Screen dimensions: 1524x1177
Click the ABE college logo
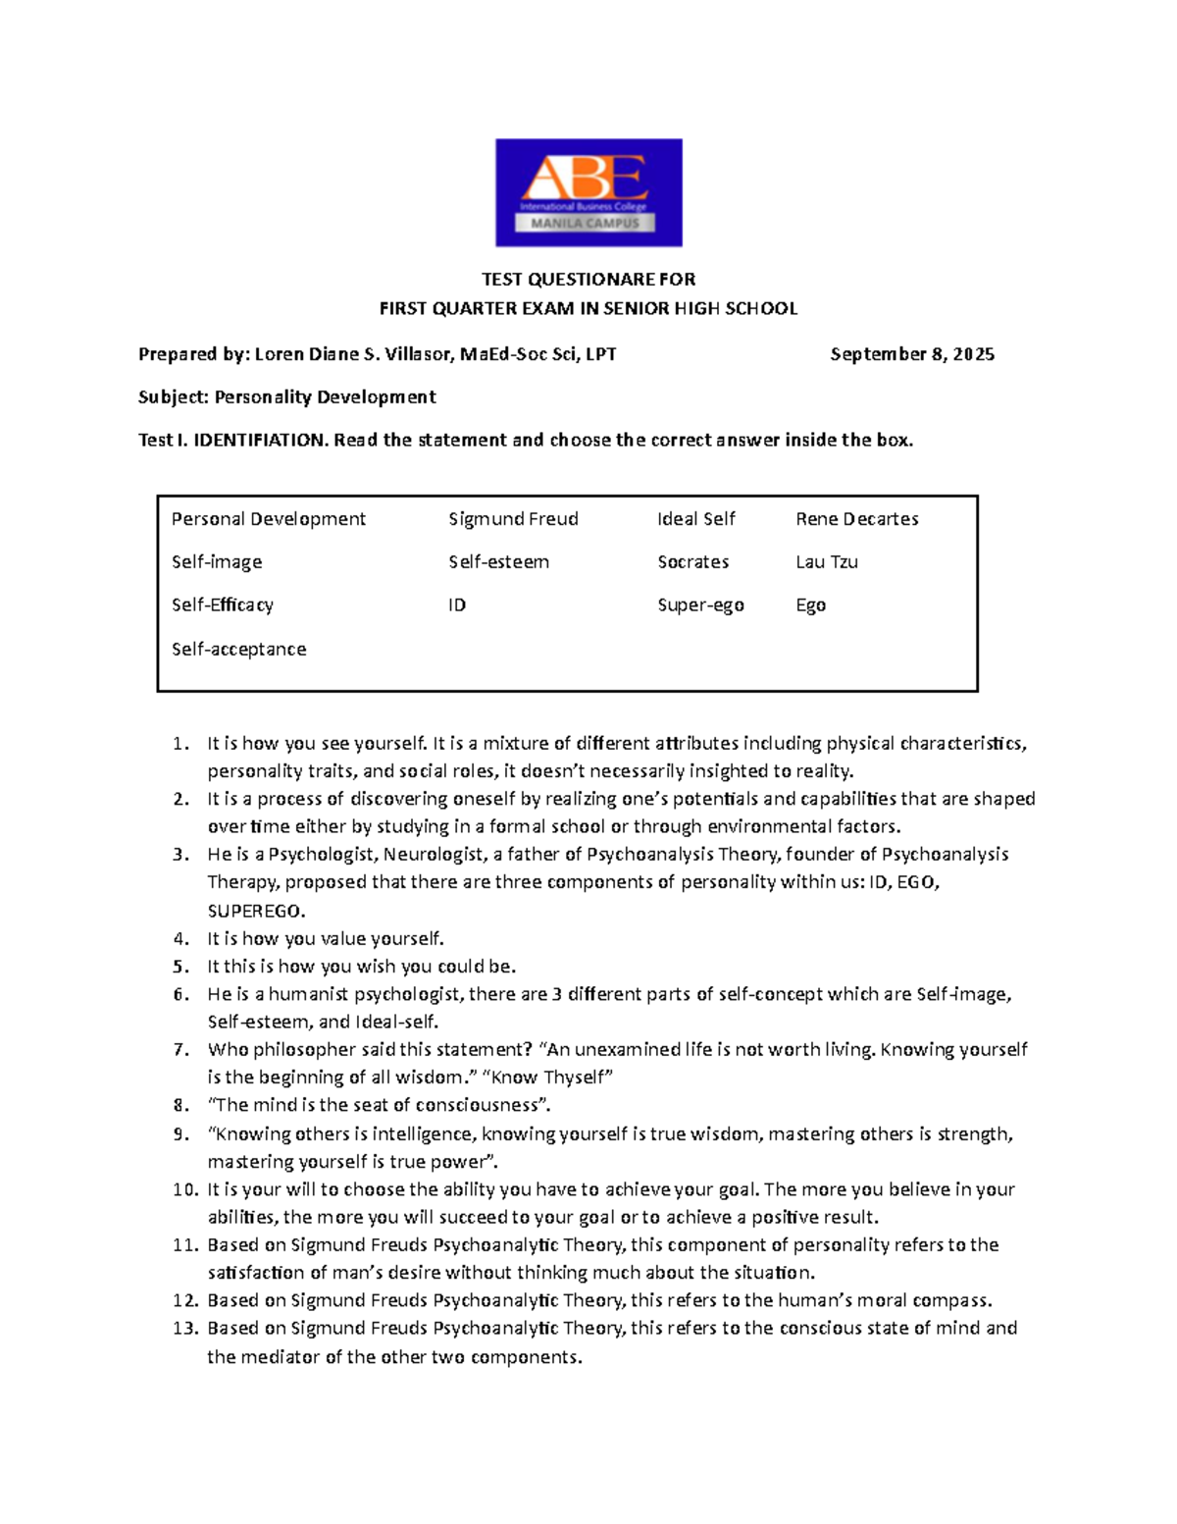(588, 192)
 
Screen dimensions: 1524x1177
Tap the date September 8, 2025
(912, 354)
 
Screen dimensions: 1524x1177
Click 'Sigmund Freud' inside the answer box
(513, 519)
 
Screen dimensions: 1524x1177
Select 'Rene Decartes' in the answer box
(856, 519)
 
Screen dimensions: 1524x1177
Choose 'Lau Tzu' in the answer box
(827, 562)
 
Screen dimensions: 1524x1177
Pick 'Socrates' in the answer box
(692, 562)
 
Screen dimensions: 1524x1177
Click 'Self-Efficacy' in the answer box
(223, 605)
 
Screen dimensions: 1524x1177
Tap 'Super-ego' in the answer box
(700, 605)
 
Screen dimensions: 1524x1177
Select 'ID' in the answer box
(457, 605)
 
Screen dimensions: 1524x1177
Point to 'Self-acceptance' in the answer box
(238, 649)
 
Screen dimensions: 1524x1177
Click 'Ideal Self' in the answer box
(695, 519)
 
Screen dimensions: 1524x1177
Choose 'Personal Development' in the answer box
(268, 519)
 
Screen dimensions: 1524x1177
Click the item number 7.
(180, 1050)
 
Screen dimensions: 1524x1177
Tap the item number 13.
(185, 1329)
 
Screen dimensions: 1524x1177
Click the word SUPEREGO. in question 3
(256, 911)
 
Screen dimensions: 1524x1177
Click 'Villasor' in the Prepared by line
(414, 354)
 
